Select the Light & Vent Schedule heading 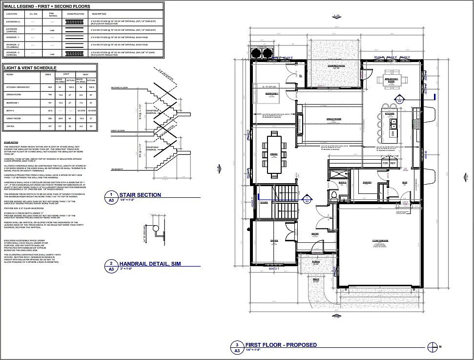(x=30, y=68)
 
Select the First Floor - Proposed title (x=281, y=345)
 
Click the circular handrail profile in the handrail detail (x=155, y=228)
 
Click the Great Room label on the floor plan (x=334, y=119)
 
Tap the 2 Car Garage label (x=379, y=241)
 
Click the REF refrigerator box (x=393, y=163)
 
